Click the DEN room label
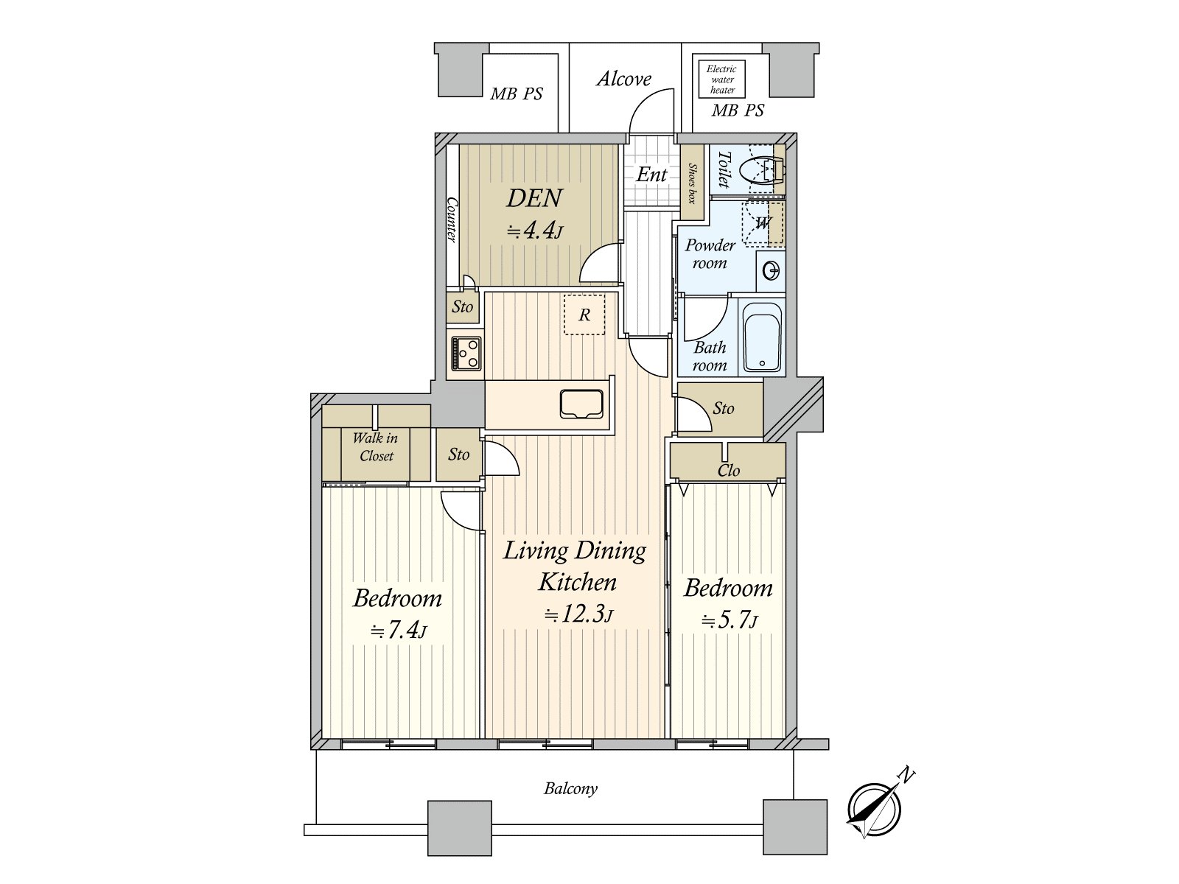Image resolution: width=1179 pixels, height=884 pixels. click(534, 198)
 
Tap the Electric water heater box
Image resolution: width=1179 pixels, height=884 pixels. click(721, 79)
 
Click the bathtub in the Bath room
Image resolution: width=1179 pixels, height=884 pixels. click(762, 337)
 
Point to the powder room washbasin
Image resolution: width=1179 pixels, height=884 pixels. click(771, 270)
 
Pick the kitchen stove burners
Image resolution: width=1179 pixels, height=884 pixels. click(466, 353)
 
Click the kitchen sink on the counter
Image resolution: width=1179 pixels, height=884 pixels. click(581, 404)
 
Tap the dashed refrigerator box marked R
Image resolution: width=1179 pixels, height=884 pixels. click(584, 315)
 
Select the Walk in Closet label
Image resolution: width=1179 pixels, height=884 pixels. click(376, 446)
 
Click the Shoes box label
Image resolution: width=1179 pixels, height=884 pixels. click(692, 183)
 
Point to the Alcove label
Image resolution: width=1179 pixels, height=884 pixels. click(623, 79)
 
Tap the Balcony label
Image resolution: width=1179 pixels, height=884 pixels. click(570, 789)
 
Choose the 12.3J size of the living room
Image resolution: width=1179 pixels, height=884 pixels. click(578, 614)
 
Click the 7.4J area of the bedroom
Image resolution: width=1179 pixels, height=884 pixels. click(397, 631)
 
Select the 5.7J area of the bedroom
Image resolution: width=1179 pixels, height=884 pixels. click(729, 620)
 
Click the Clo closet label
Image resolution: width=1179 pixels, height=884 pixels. click(729, 471)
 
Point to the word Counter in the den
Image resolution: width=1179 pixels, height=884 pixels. click(452, 219)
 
